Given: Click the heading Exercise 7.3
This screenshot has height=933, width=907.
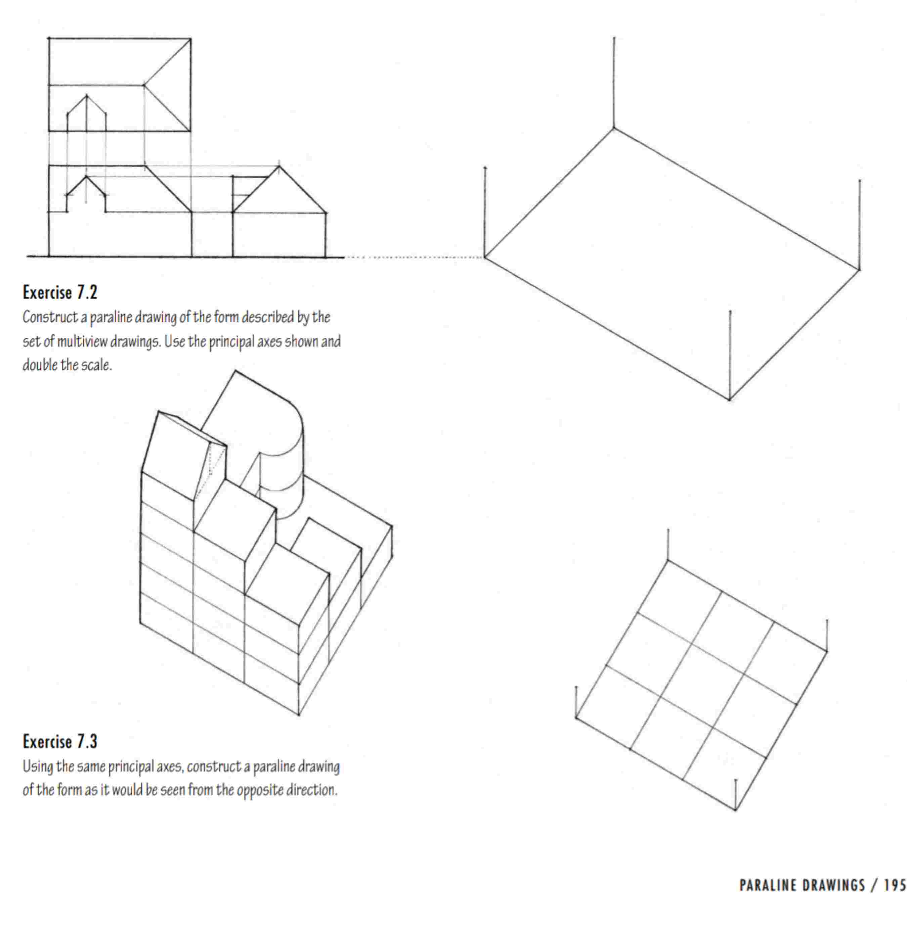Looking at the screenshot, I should pyautogui.click(x=60, y=741).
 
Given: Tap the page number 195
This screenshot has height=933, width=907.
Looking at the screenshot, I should pyautogui.click(x=895, y=885).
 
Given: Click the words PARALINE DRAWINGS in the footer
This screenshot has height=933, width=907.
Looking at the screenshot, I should pyautogui.click(x=802, y=885).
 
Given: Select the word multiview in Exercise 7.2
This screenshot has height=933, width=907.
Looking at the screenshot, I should pyautogui.click(x=82, y=342).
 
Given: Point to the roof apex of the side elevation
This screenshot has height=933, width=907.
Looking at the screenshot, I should pyautogui.click(x=279, y=167).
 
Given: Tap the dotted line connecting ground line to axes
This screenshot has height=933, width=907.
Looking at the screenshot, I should pyautogui.click(x=415, y=258).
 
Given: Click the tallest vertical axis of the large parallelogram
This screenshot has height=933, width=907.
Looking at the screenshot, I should pyautogui.click(x=613, y=81).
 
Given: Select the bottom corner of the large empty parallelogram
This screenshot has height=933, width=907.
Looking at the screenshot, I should pyautogui.click(x=729, y=399).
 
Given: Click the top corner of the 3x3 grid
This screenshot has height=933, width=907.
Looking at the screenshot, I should pyautogui.click(x=667, y=561).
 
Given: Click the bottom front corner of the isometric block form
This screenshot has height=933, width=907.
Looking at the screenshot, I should pyautogui.click(x=299, y=714).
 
